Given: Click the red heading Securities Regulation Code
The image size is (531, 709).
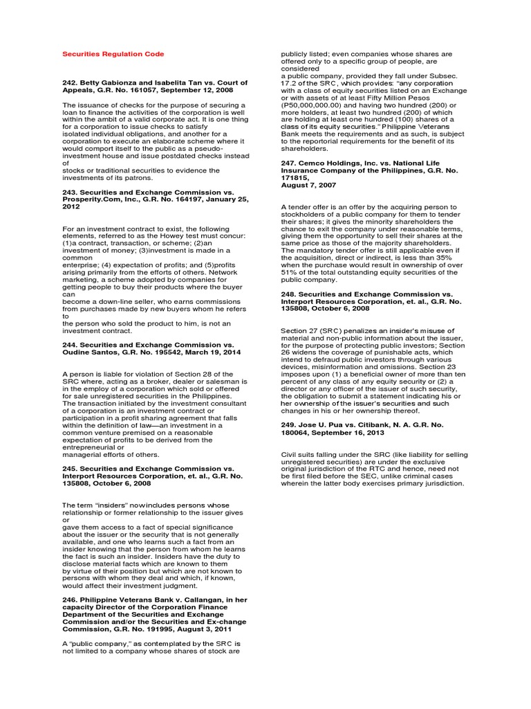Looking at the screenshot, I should (x=113, y=53).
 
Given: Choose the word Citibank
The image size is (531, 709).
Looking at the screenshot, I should (x=368, y=424).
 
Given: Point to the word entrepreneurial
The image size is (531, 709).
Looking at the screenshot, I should (x=90, y=447).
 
